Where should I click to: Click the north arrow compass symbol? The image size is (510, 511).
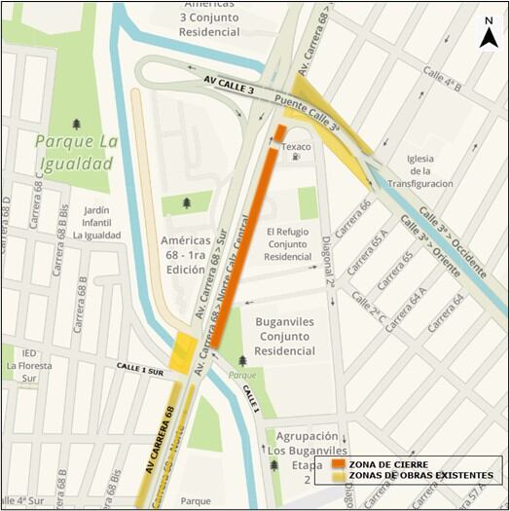pos(489,32)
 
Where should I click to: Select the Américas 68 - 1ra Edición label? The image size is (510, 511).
pos(192,254)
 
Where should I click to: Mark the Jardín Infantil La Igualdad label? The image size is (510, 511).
pos(90,221)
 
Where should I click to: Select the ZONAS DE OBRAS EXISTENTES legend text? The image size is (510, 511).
pos(421,476)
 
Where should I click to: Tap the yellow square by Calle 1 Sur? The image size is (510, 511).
pos(182,353)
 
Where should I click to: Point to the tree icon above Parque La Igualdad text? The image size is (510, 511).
pos(77,124)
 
